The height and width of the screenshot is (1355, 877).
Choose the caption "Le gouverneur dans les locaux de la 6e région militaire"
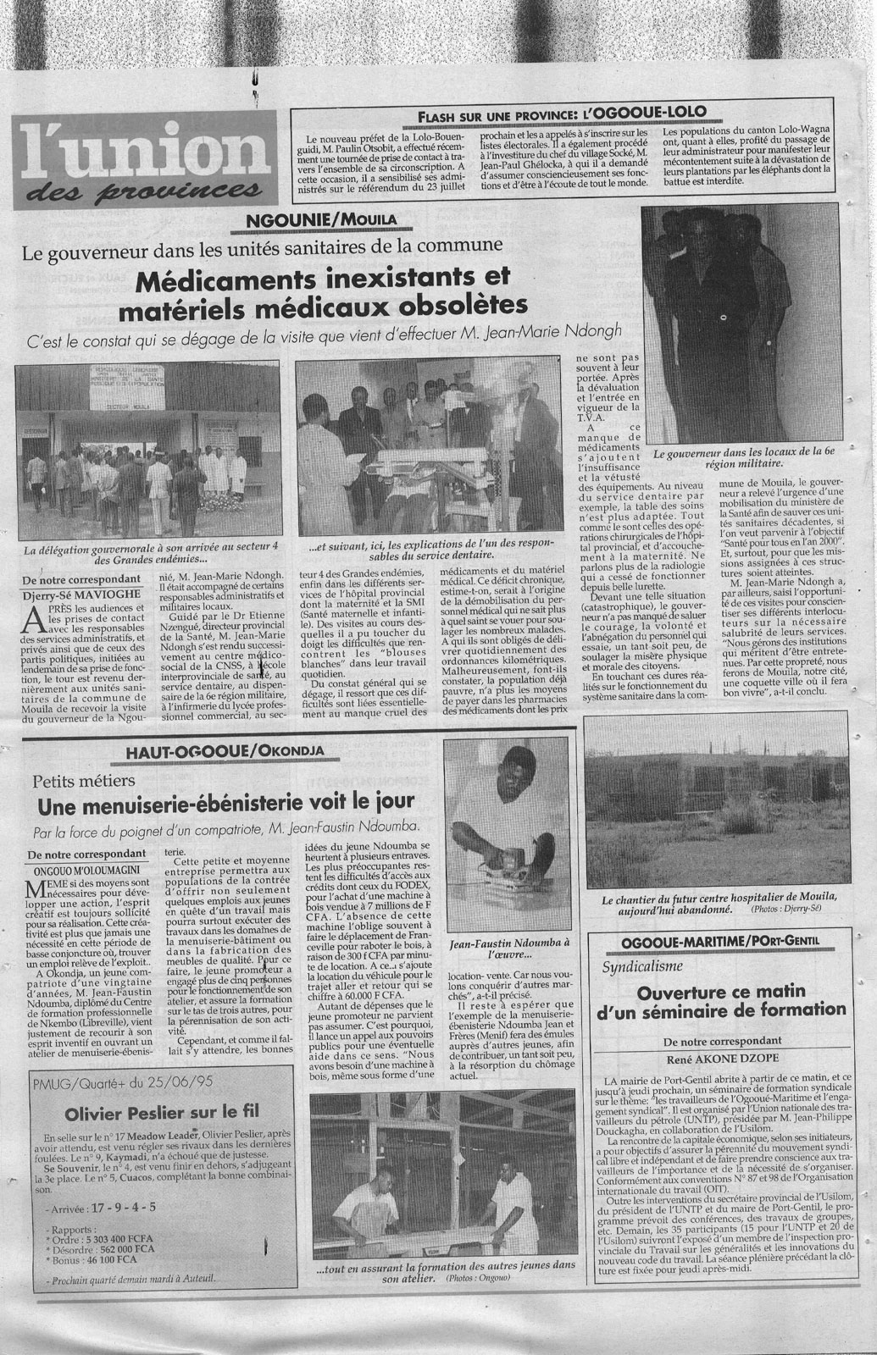731,457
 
